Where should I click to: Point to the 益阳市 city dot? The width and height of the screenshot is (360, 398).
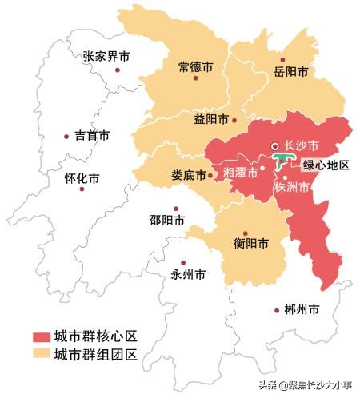234,121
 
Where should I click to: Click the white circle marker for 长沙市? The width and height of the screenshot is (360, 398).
274,146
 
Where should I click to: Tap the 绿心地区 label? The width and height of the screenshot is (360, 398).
326,165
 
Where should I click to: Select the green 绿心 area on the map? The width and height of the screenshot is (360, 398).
283,163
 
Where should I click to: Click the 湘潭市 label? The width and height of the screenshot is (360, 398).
240,173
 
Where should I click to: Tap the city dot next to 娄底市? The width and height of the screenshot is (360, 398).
210,175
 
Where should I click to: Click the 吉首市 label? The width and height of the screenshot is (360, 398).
91,137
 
